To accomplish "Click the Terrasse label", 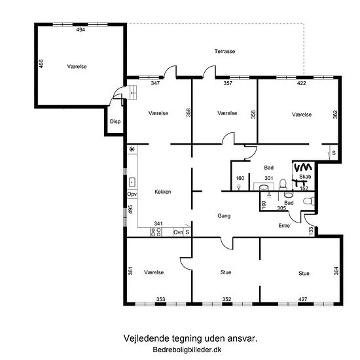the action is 225,51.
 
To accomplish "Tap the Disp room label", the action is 115,122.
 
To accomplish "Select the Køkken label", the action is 163,192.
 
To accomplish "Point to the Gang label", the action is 224,216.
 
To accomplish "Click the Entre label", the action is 285,226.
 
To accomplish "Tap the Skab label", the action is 305,177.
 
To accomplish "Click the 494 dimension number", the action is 81,29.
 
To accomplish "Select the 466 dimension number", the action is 41,63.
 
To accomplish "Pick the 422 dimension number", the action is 302,83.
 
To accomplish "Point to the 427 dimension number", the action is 302,299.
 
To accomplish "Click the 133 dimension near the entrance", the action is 311,230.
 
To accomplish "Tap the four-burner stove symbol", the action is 156,232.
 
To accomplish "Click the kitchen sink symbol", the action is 132,183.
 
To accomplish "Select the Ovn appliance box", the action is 179,232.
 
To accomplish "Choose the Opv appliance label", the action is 132,194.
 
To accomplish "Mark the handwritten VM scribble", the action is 303,168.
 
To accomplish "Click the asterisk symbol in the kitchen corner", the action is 132,149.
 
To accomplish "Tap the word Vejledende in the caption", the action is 143,338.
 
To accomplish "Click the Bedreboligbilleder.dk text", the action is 187,350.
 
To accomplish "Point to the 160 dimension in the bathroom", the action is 240,178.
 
